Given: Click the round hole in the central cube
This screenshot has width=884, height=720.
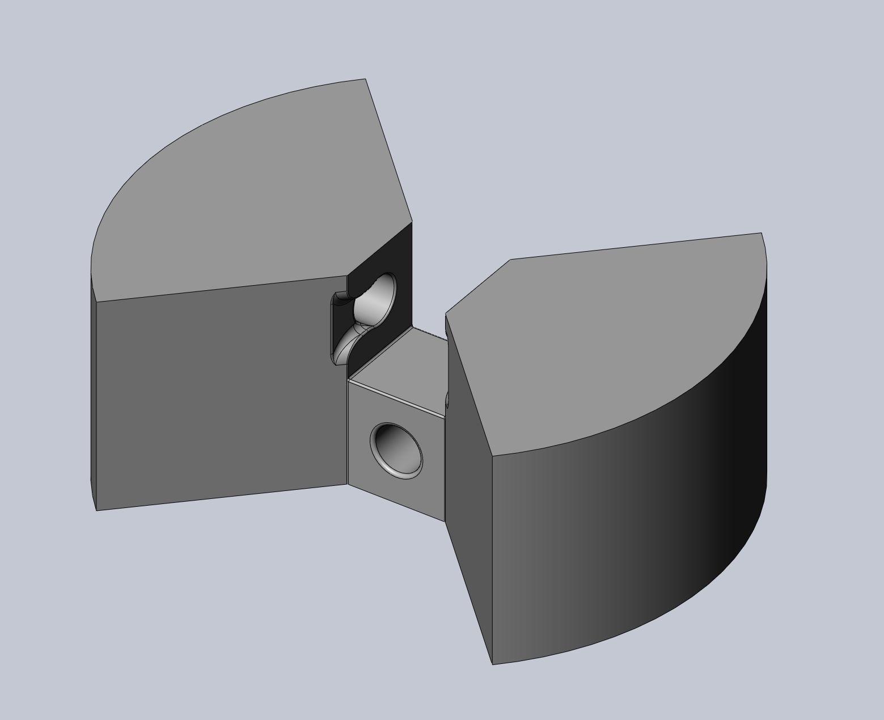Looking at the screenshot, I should pyautogui.click(x=396, y=448).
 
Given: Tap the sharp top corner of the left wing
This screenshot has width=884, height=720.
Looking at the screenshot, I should pyautogui.click(x=365, y=79).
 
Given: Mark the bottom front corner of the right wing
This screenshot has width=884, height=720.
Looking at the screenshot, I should pyautogui.click(x=492, y=664).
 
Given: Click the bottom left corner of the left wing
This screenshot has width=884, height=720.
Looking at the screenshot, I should pyautogui.click(x=97, y=510).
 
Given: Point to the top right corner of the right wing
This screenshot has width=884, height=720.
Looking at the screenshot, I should pyautogui.click(x=761, y=233).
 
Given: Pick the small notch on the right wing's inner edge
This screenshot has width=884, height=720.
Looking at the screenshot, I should pyautogui.click(x=447, y=400).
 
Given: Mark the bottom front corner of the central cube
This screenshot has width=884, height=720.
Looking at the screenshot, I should pyautogui.click(x=444, y=520).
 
